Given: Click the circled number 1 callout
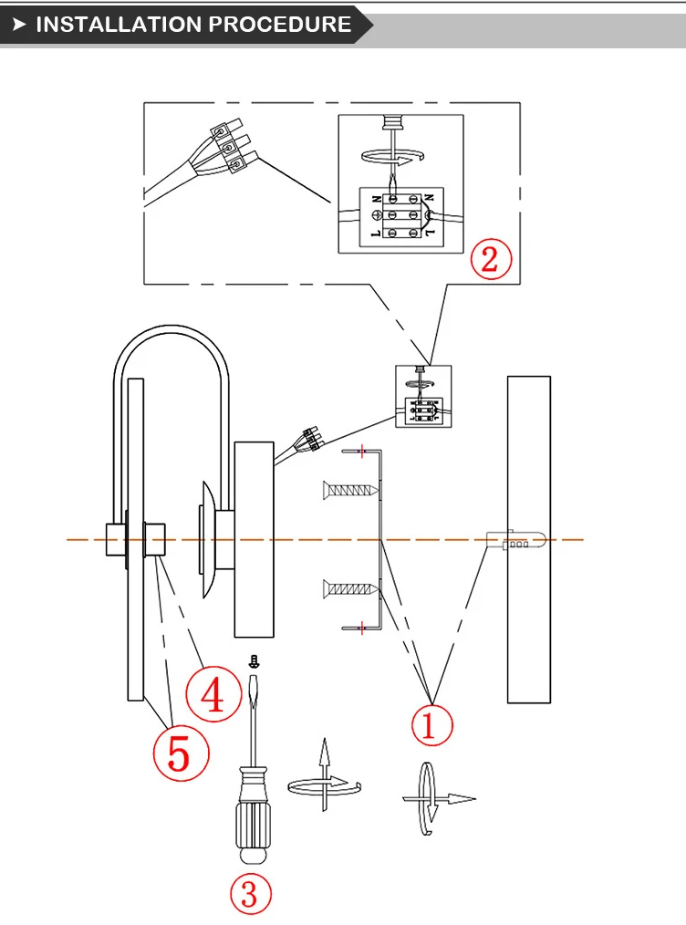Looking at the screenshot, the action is coord(431,724).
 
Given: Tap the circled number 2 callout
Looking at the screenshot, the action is coord(491,259).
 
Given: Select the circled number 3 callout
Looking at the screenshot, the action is coord(250,894).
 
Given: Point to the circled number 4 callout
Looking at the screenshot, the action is coord(213,693).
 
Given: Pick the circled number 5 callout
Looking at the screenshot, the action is coord(182,754).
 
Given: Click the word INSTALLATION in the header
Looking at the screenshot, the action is coord(119,25).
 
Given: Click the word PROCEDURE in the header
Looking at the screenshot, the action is coord(279,25).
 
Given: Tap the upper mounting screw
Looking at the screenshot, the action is coord(350,490).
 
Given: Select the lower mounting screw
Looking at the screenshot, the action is coord(350,588).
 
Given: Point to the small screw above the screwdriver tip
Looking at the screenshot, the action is coord(255,661).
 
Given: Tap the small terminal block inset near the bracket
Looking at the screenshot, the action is coord(423,397).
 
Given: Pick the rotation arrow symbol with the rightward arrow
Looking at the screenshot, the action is coord(433,799).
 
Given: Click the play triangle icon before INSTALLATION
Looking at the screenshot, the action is coord(19,25).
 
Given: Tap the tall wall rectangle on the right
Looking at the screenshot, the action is coord(529,540).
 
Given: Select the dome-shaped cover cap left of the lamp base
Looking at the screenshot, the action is coord(209,540).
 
